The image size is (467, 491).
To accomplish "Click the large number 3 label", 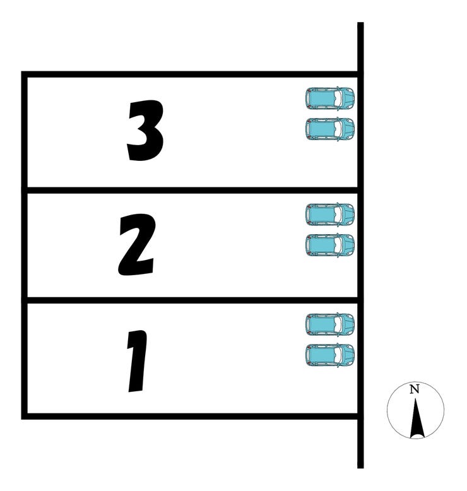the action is (145, 131).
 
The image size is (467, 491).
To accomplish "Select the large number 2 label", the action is (137, 245).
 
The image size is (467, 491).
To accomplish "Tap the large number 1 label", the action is (138, 361).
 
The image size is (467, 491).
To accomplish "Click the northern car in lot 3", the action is (330, 98).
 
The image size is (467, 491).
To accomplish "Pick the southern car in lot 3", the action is (330, 129).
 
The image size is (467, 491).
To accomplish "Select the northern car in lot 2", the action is (330, 215).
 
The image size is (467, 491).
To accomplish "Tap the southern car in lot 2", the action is (330, 245).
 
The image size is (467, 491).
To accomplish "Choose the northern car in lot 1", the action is (330, 325).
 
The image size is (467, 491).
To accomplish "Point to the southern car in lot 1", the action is (330, 355).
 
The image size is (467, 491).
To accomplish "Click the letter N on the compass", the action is (415, 389).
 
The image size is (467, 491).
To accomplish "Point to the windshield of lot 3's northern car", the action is (338, 98).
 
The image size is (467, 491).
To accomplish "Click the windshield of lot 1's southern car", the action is (338, 355).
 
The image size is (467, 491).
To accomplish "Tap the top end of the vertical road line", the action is (360, 23).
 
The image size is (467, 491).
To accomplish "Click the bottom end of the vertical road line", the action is (360, 468).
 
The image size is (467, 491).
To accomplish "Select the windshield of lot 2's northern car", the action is (338, 215).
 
